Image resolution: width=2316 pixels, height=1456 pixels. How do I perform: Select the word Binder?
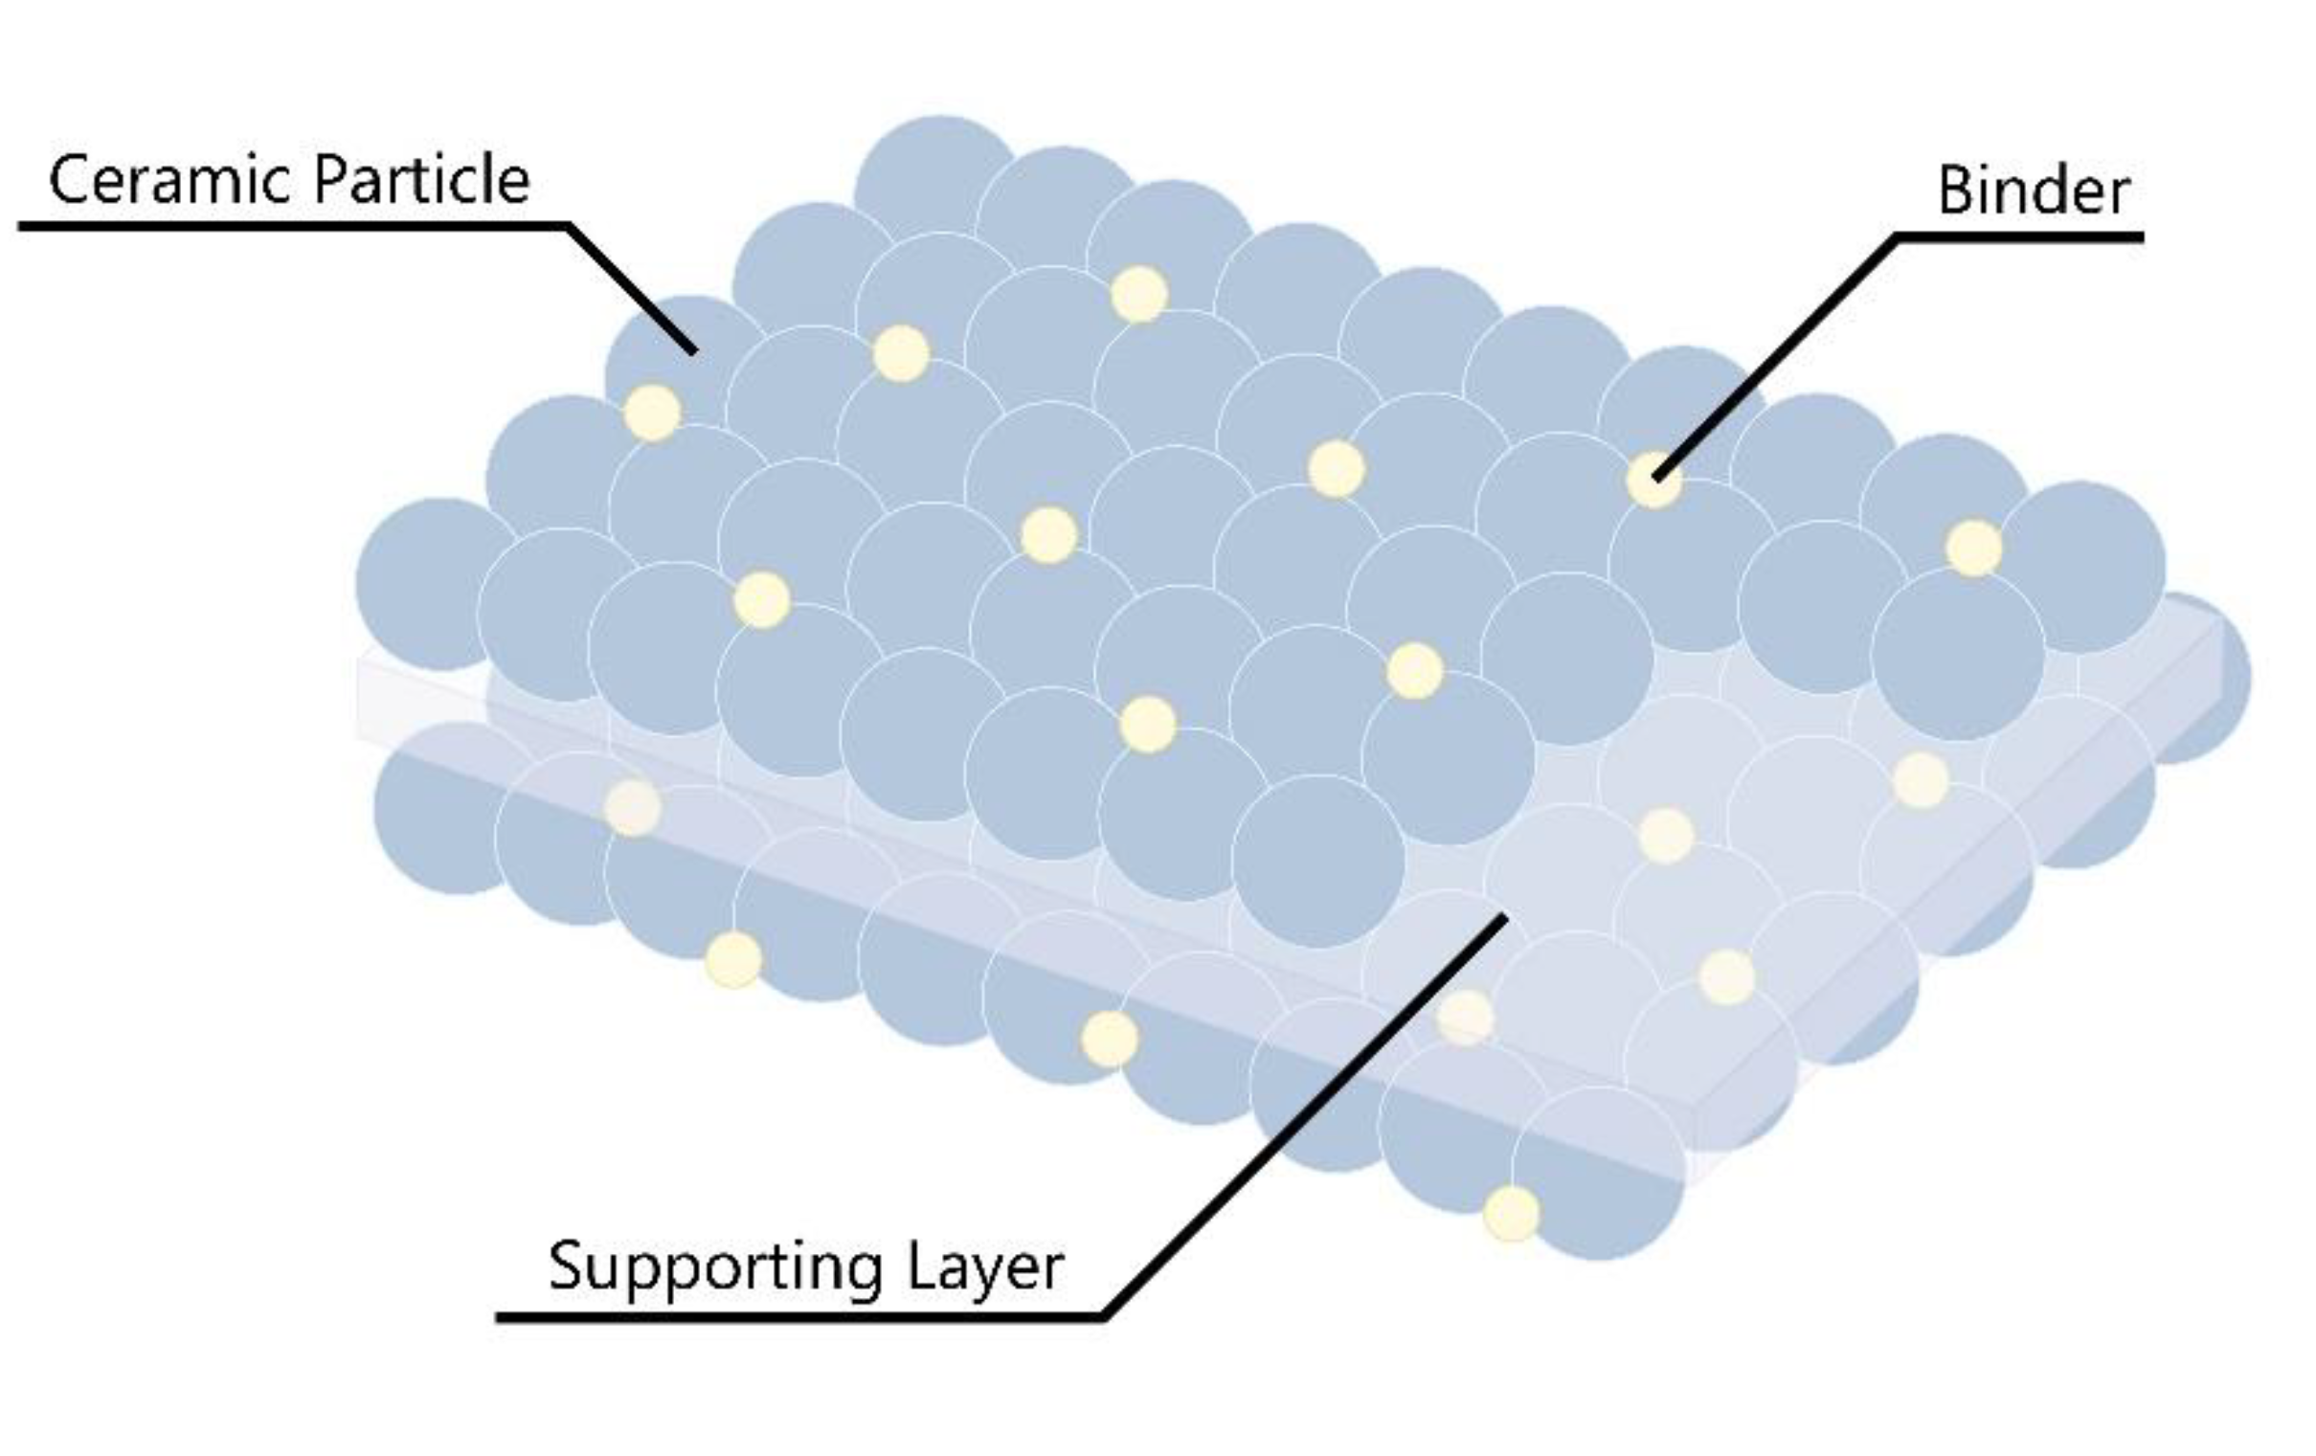click(2033, 190)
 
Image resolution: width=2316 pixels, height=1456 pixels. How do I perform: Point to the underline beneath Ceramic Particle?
click(288, 227)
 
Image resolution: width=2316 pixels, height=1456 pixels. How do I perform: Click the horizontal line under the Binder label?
click(2020, 236)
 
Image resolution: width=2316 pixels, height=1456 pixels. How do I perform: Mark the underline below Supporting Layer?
click(798, 1316)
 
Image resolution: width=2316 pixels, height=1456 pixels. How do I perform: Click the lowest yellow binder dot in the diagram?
click(1511, 1214)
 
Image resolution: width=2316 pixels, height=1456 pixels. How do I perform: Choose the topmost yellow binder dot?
click(1138, 293)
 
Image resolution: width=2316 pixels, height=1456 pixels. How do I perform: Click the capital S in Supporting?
click(567, 1267)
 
